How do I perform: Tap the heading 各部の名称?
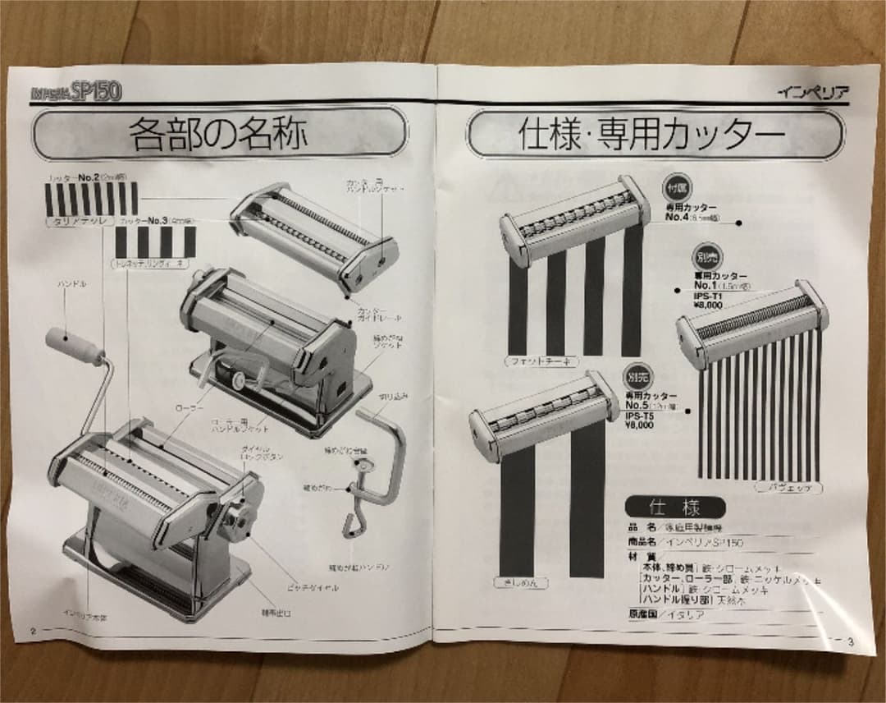pos(218,135)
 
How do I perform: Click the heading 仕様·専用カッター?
pos(655,135)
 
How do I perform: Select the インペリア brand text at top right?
pos(813,91)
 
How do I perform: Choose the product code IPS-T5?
pos(641,416)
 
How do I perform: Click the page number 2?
pos(33,631)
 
